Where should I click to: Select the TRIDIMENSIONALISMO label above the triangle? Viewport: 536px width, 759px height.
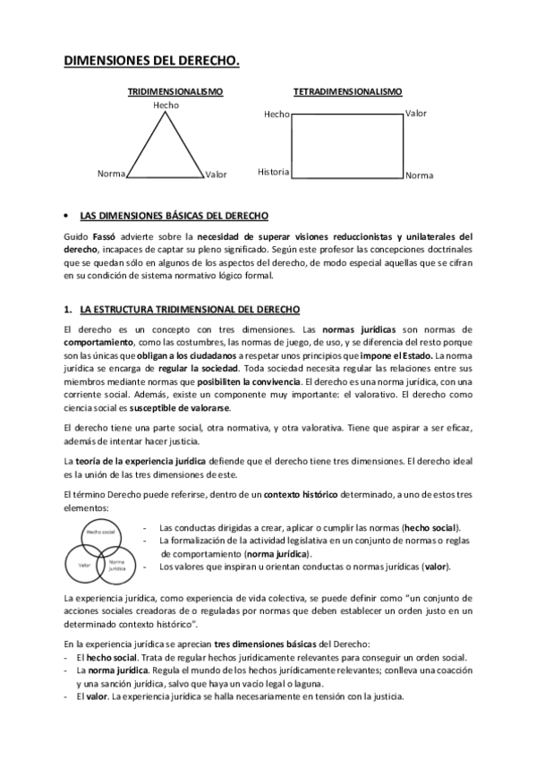tap(174, 91)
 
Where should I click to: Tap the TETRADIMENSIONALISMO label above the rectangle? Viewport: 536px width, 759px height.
tap(347, 91)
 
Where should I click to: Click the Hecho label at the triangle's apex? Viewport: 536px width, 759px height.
tap(166, 106)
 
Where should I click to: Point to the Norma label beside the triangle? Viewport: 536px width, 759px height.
tap(111, 174)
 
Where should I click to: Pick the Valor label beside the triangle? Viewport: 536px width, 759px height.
tap(216, 175)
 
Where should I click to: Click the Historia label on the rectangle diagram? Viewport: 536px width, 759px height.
tap(273, 171)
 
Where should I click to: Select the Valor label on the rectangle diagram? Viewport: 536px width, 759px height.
tap(416, 114)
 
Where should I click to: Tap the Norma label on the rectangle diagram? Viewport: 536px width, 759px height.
tap(419, 175)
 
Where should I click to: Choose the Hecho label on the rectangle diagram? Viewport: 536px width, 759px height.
tap(277, 115)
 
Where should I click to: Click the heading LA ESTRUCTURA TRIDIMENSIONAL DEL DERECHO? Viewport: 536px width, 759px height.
tap(190, 309)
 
